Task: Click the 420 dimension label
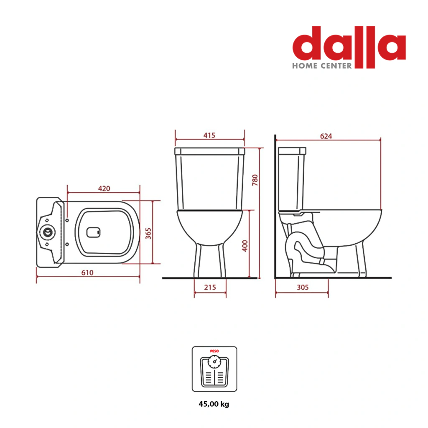click(x=104, y=189)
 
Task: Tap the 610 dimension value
click(x=87, y=273)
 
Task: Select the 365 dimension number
click(x=148, y=234)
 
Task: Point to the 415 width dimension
click(x=209, y=135)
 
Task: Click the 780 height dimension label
click(x=255, y=180)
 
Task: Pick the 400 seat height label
click(x=245, y=246)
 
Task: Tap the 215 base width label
click(x=210, y=287)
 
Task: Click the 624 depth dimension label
click(x=326, y=136)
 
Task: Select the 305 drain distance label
click(x=303, y=287)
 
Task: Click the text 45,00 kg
click(x=214, y=404)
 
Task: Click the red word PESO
click(x=214, y=351)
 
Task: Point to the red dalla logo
click(x=349, y=46)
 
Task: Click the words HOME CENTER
click(x=322, y=66)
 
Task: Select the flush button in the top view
click(x=48, y=232)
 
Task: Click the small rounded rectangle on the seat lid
click(x=93, y=232)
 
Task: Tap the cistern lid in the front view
click(x=210, y=151)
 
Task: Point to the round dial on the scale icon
click(x=214, y=362)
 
